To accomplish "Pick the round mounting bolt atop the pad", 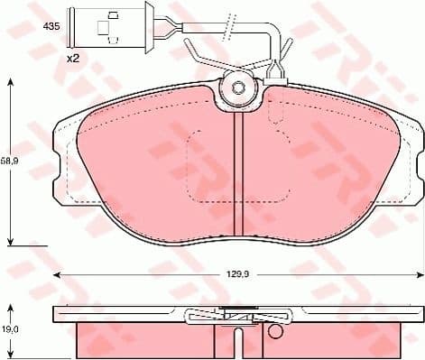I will pos(238,88).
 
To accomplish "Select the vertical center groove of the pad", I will pos(238,171).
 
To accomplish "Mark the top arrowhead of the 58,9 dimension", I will pos(11,83).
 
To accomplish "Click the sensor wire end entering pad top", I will pos(275,78).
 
